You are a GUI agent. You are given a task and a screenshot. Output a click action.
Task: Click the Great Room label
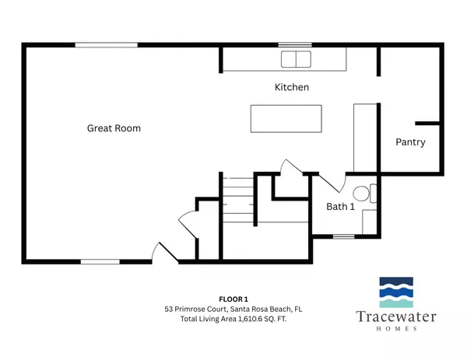point(114,128)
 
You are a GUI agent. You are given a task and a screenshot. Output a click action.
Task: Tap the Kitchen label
point(292,88)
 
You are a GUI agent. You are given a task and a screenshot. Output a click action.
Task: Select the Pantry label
point(410,142)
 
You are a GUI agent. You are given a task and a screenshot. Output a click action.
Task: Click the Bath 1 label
point(340,207)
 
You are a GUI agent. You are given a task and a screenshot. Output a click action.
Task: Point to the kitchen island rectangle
point(286,118)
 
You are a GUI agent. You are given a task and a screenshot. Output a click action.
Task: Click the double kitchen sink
point(295,60)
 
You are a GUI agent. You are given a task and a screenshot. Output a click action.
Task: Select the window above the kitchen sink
point(290,45)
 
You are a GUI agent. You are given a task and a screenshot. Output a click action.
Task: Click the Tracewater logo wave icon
point(398,294)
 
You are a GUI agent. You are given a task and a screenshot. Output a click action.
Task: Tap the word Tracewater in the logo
point(398,317)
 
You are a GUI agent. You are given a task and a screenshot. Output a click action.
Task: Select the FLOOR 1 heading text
point(233,299)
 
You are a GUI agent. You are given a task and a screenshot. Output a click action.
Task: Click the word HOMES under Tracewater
point(398,329)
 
